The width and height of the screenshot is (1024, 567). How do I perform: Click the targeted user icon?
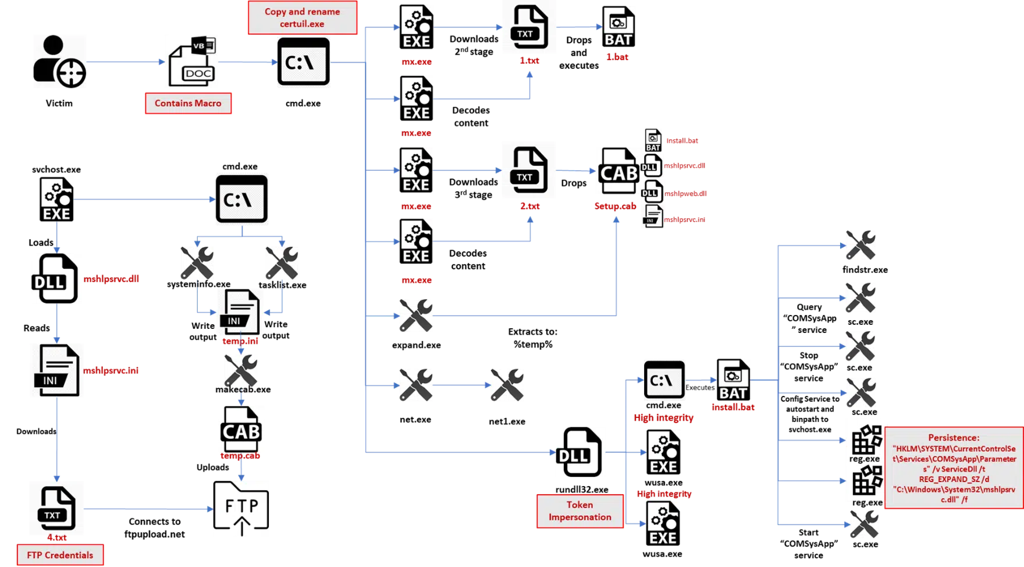click(60, 61)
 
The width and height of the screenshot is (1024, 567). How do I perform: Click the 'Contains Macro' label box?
click(188, 104)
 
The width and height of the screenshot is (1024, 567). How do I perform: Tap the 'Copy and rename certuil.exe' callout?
click(302, 18)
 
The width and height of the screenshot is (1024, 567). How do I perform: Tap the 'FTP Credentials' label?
click(60, 555)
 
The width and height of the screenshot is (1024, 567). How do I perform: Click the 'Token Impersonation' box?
click(579, 511)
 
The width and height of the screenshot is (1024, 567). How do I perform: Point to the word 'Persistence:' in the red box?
click(953, 437)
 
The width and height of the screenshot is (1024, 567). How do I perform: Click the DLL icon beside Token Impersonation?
click(581, 452)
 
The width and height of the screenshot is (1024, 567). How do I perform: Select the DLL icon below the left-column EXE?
click(55, 279)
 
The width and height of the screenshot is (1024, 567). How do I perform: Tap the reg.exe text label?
click(864, 459)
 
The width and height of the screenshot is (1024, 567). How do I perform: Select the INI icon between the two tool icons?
click(239, 311)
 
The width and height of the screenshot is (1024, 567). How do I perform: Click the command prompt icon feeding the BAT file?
click(664, 381)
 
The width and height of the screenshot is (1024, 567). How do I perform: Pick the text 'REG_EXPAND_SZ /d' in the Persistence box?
click(954, 479)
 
